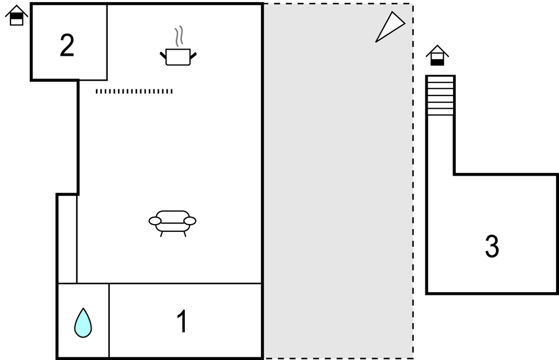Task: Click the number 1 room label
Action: coord(182,321)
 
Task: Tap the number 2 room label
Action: coord(67,45)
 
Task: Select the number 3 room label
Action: coord(492,246)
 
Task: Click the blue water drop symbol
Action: coord(83,322)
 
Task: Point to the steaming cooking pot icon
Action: coord(178,46)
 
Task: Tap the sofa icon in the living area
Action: coord(173,224)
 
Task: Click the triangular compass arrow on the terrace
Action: coord(390,27)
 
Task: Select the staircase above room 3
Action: coord(441,96)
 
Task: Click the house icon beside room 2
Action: coord(17,15)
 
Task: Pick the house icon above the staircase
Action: coord(438,56)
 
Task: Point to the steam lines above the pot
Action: coord(179,36)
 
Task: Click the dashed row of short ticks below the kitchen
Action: coord(134,91)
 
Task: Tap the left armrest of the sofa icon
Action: coord(155,221)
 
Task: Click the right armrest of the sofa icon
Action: coord(190,221)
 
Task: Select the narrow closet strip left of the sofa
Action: coord(67,239)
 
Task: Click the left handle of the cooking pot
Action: coord(163,56)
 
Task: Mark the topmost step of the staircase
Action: coord(441,79)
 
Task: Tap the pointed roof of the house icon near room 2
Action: coord(17,10)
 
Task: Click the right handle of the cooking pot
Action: coord(193,56)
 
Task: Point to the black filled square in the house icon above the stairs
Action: coord(438,62)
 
